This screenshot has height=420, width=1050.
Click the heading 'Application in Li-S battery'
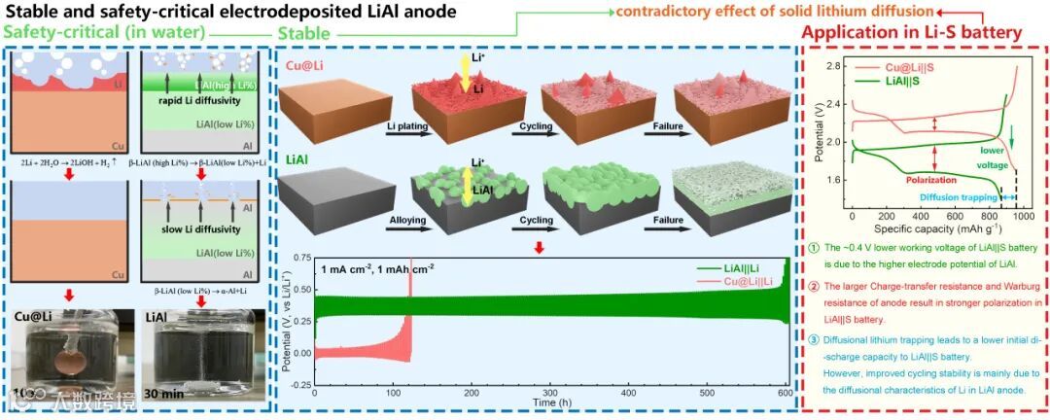coord(911,32)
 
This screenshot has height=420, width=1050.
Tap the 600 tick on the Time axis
coord(785,394)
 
